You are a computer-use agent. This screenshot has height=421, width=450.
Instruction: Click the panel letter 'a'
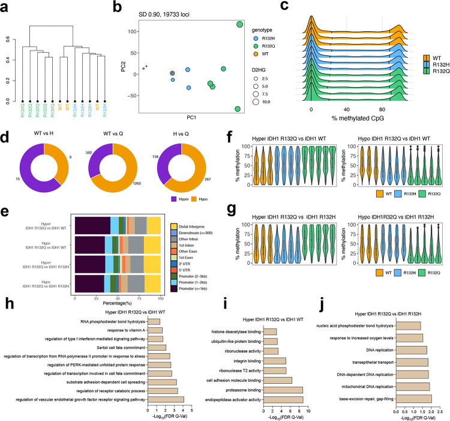click(x=5, y=6)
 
